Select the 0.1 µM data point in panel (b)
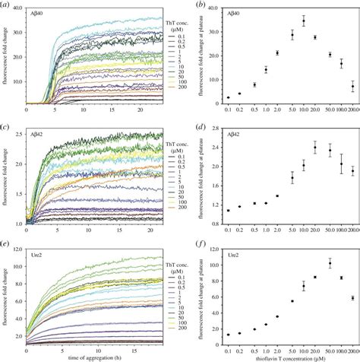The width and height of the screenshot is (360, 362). coord(228,97)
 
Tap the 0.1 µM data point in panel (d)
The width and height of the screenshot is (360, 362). coord(228,211)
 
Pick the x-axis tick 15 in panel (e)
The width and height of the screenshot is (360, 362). coord(114,349)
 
